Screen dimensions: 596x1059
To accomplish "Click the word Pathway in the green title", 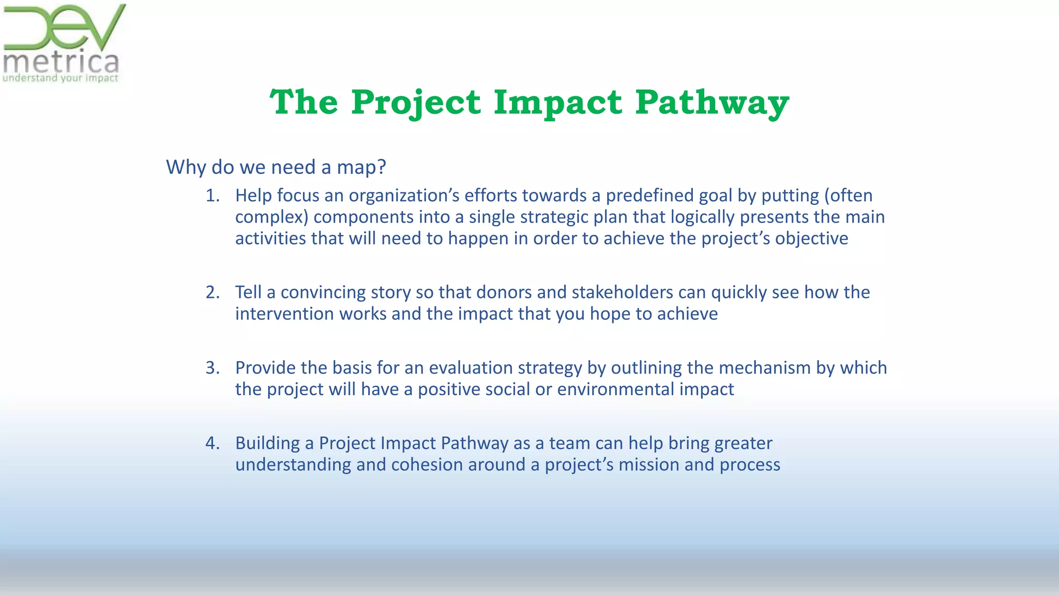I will (712, 102).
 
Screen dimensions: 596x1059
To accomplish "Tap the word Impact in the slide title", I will (557, 102).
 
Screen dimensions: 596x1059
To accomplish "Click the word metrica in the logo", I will (61, 63).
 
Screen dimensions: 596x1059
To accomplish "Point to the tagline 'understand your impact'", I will (60, 79).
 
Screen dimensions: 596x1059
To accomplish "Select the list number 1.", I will (212, 196).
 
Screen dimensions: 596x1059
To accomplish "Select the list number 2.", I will (212, 292).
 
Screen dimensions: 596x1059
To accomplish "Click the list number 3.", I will (212, 368).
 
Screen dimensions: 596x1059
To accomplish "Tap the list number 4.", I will (212, 443).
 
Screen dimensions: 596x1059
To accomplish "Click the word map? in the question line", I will (361, 168).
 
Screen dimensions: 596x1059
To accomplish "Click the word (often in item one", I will (848, 196).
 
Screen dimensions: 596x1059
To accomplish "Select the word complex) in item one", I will (271, 217).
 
